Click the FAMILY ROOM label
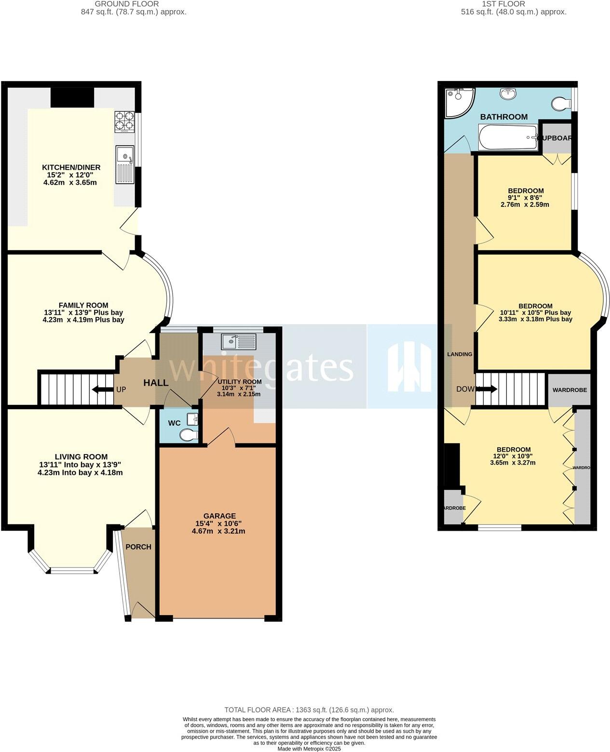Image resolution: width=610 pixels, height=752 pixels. click(x=83, y=305)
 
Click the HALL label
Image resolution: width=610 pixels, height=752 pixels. click(x=156, y=383)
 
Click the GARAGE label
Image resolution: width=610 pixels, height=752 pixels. click(x=219, y=515)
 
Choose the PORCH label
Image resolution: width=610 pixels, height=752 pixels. click(x=138, y=547)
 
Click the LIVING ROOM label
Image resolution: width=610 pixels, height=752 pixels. click(x=81, y=457)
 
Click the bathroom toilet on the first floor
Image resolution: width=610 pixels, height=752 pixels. click(x=560, y=103)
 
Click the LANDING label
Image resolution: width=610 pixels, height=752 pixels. click(x=460, y=354)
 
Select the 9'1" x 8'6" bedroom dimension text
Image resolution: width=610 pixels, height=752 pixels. click(x=526, y=198)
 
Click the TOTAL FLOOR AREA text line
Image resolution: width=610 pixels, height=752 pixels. click(x=309, y=710)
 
